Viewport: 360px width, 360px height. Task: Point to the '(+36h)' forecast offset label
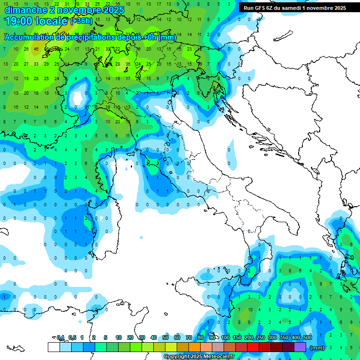82,21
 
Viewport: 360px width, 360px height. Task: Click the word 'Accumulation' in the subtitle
29,37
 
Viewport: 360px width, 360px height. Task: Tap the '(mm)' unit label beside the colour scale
317,348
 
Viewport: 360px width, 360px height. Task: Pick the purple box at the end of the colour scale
300,347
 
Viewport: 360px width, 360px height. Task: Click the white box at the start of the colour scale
53,347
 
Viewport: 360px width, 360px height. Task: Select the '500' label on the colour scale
307,337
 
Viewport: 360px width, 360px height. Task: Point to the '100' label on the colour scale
225,337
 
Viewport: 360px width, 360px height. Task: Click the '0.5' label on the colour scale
72,337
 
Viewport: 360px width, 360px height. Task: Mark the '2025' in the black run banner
337,8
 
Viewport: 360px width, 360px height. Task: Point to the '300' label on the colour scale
272,337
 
